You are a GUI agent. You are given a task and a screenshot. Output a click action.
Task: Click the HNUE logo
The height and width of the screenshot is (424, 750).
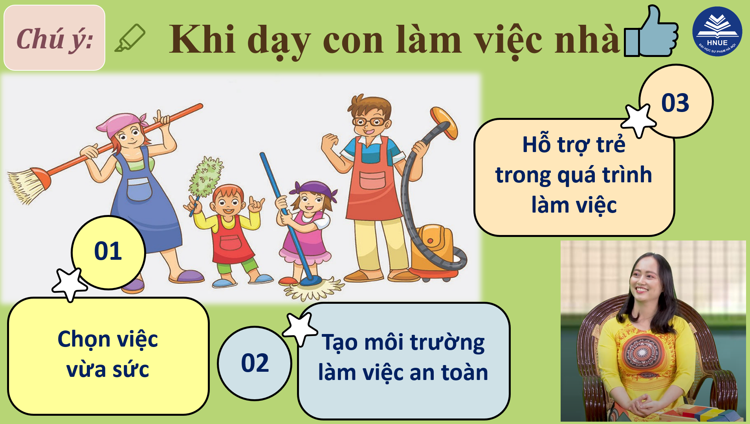point(717,31)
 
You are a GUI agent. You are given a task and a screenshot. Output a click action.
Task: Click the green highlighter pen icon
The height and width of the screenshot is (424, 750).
point(130,38)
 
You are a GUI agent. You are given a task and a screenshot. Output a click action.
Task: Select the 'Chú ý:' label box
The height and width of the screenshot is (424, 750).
point(54,38)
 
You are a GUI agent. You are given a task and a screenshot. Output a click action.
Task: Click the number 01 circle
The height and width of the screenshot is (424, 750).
point(108,252)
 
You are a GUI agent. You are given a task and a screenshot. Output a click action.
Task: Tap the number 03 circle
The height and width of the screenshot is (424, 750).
point(676,101)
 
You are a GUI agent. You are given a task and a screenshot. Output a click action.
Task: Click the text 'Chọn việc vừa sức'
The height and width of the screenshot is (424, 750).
point(108,354)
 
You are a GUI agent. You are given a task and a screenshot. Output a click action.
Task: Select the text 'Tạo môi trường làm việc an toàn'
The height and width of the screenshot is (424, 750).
point(403,357)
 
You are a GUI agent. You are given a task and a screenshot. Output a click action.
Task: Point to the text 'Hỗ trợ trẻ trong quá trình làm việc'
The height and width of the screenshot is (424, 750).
point(574,174)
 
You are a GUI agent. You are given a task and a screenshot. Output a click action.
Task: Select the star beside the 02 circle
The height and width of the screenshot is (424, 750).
point(300,329)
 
